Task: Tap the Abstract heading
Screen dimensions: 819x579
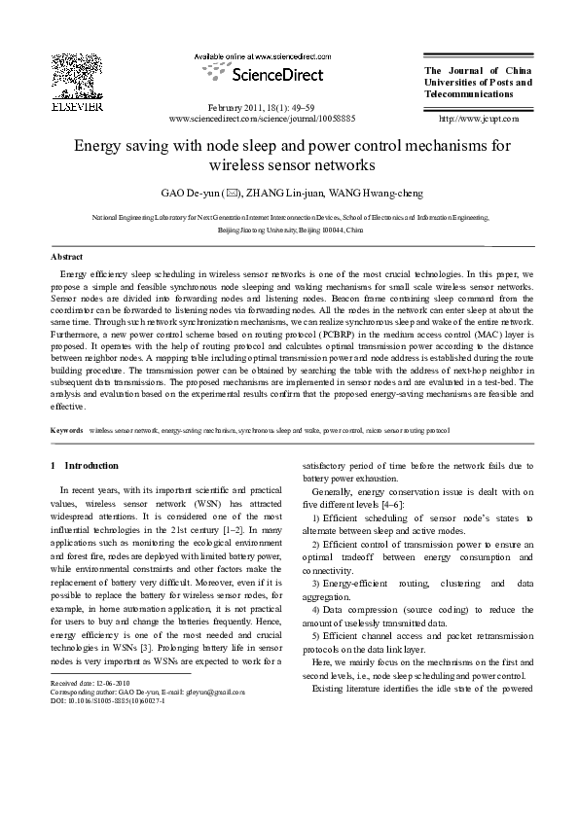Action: click(x=66, y=256)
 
